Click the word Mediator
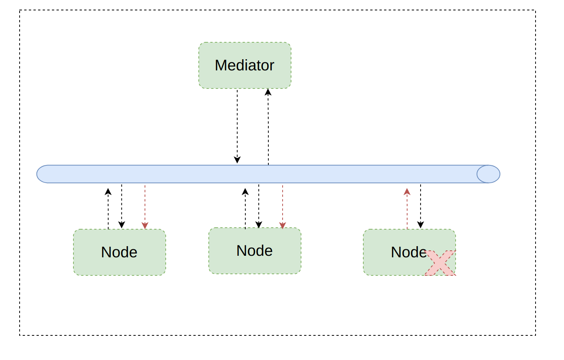click(x=244, y=65)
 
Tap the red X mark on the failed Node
click(x=440, y=263)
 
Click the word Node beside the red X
click(x=409, y=252)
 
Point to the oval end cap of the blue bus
click(x=488, y=174)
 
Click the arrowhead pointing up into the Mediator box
click(x=268, y=92)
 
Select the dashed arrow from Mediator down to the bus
click(x=237, y=126)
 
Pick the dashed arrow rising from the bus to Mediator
click(x=268, y=127)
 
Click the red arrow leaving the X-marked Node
click(x=407, y=208)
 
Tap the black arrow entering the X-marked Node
click(x=421, y=206)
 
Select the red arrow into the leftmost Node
click(x=145, y=207)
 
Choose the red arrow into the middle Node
click(x=283, y=207)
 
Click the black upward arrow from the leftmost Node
click(x=108, y=208)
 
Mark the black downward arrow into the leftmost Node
click(x=121, y=206)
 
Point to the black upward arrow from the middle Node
click(x=245, y=208)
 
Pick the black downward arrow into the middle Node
click(x=259, y=206)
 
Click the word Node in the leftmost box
click(x=119, y=252)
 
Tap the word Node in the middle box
click(x=254, y=250)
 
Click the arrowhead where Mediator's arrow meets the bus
click(x=237, y=160)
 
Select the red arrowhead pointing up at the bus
click(x=407, y=192)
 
